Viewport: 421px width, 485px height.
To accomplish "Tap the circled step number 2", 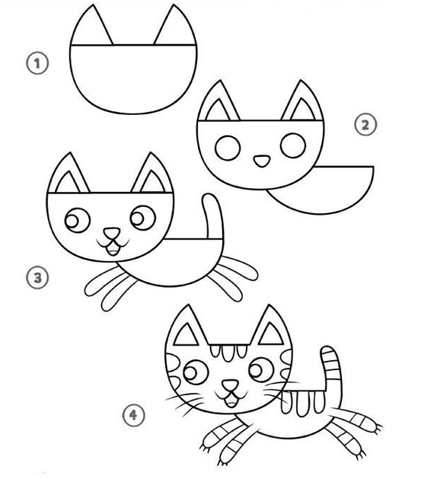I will pyautogui.click(x=367, y=124).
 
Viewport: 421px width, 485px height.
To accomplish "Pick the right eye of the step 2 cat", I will pyautogui.click(x=293, y=144).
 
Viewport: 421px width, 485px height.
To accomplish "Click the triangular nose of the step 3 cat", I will pyautogui.click(x=111, y=232).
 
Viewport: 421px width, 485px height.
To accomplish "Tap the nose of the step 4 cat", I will pyautogui.click(x=228, y=385).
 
